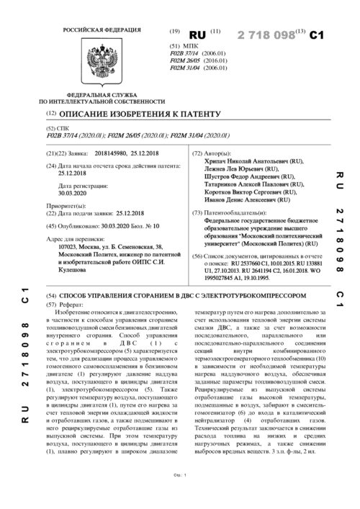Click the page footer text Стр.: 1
(x=180, y=495)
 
